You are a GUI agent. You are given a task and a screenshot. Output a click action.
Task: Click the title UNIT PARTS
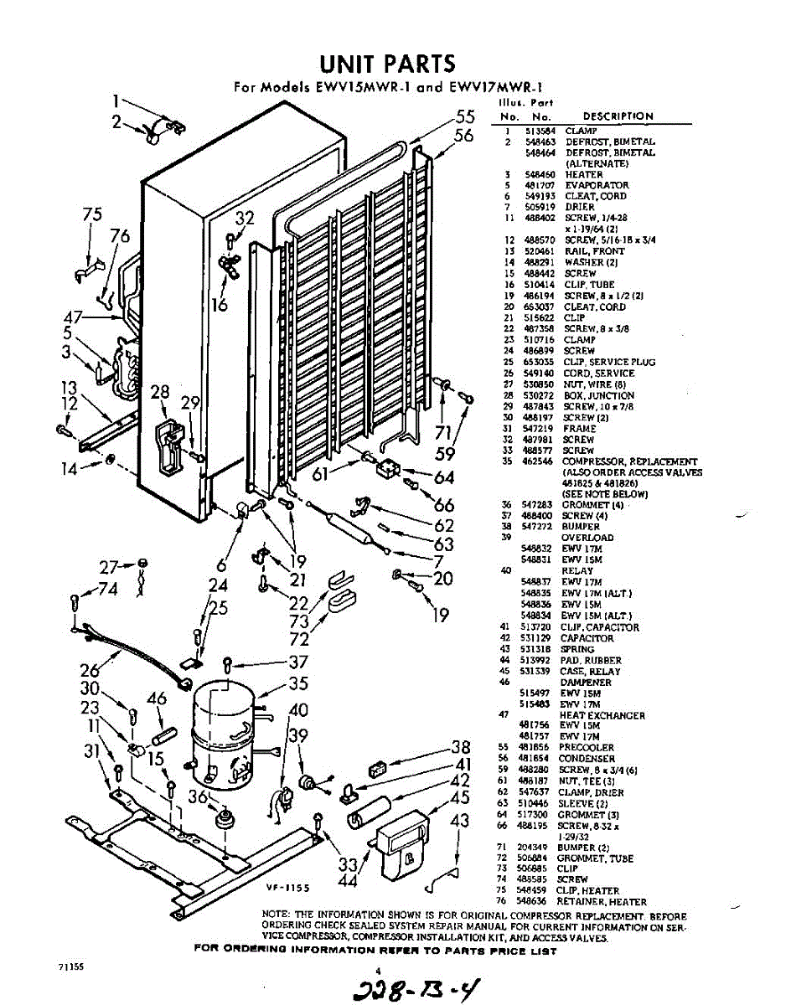(x=388, y=64)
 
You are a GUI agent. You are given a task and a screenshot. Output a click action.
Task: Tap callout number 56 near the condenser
(x=463, y=136)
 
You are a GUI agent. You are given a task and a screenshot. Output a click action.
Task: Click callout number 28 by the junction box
(x=159, y=394)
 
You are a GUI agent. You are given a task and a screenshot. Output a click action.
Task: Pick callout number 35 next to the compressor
(x=298, y=683)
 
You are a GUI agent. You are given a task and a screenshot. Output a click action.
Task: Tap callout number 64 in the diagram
(x=444, y=478)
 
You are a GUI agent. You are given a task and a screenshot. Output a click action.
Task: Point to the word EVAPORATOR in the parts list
(x=597, y=185)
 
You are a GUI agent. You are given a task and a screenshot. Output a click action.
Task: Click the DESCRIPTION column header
(x=618, y=116)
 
